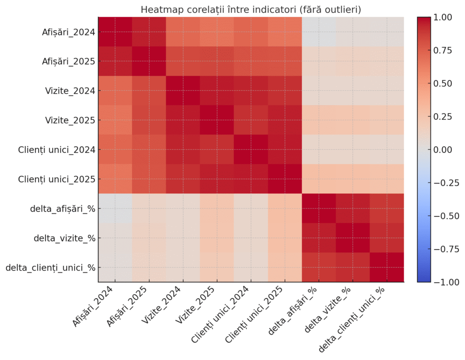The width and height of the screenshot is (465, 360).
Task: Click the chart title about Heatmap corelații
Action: click(x=251, y=9)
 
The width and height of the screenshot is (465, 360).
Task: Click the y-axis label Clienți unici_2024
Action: click(x=56, y=149)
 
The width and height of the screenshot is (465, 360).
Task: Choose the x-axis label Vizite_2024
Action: click(x=163, y=309)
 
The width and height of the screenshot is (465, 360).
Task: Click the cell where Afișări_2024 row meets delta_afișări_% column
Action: click(x=319, y=32)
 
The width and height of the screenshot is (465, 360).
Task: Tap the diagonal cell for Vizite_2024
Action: click(x=183, y=90)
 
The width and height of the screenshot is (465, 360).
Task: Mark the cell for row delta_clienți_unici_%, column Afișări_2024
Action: click(x=115, y=267)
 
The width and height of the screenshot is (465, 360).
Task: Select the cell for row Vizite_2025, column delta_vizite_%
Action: click(x=353, y=120)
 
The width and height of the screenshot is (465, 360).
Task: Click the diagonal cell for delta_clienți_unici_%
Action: click(x=387, y=267)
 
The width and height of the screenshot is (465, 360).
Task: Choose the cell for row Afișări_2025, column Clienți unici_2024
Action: click(x=251, y=61)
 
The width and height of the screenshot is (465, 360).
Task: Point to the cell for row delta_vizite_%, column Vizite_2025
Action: click(x=217, y=238)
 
